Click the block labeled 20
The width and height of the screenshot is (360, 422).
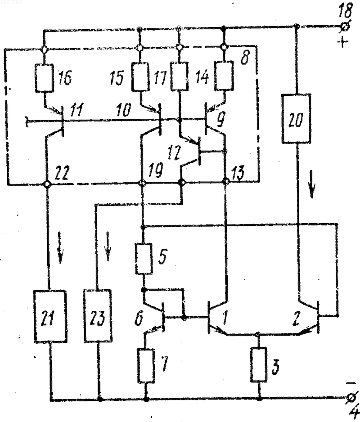(x=296, y=118)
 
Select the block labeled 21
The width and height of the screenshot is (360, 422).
(x=50, y=317)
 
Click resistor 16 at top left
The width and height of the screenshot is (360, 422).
(x=44, y=77)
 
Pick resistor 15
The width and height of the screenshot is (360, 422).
(x=140, y=77)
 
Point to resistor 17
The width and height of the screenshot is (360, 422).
(x=180, y=76)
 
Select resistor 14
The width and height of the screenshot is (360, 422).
(x=224, y=76)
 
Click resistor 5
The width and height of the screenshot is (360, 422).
(x=144, y=259)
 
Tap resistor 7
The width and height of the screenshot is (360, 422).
(x=147, y=365)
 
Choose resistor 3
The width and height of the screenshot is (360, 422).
(x=259, y=364)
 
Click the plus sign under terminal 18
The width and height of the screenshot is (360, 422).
(x=342, y=42)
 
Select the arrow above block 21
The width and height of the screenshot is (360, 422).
(x=60, y=248)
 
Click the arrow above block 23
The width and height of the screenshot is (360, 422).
(x=108, y=246)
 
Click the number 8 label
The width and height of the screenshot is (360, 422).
(x=245, y=57)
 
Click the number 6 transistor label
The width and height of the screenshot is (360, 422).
(x=139, y=319)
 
